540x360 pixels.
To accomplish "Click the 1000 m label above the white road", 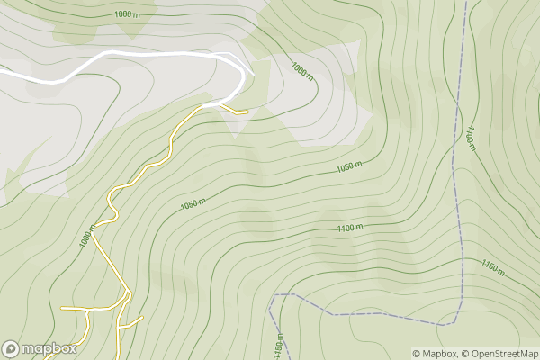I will tap(129, 14).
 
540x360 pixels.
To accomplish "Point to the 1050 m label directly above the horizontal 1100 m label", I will tap(349, 168).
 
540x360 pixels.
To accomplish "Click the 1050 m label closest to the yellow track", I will tap(193, 204).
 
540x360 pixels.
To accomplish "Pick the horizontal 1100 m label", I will tap(351, 229).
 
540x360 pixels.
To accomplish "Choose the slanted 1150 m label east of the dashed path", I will tap(493, 267).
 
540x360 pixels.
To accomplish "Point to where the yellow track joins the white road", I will tap(202, 106).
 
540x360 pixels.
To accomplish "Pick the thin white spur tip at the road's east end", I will tap(254, 74).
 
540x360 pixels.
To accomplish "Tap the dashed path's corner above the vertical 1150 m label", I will tap(274, 295).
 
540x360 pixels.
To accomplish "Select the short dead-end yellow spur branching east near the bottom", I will tap(135, 320).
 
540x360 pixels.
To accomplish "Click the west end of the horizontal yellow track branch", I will tap(62, 309).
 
